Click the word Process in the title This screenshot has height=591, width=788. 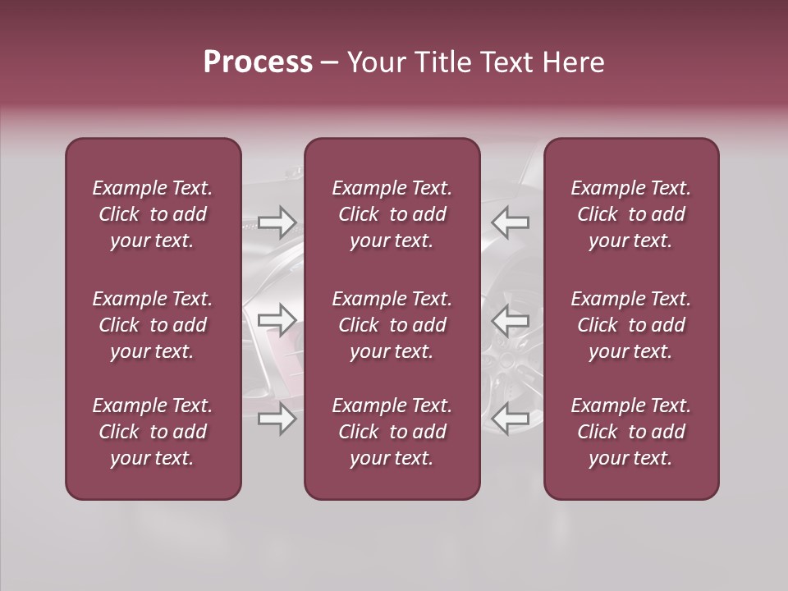[x=258, y=62]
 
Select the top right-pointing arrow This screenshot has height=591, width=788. [x=277, y=222]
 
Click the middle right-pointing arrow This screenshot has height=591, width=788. [x=277, y=320]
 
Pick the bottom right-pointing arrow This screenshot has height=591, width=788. [x=277, y=419]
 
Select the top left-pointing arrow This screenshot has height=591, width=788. [x=510, y=222]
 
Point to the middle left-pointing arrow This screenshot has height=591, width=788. [x=510, y=320]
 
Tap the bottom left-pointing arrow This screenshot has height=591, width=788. [x=510, y=419]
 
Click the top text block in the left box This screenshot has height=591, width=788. [x=153, y=214]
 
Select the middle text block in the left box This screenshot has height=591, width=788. [x=153, y=325]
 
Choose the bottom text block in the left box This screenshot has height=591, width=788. [x=153, y=432]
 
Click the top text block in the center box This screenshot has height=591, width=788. [x=392, y=214]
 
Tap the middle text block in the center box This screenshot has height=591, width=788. [x=392, y=325]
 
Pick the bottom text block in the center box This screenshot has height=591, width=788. [x=392, y=432]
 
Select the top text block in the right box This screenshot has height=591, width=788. [x=630, y=214]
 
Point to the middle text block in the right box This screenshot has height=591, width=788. [x=630, y=325]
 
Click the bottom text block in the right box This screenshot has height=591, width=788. [x=630, y=432]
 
